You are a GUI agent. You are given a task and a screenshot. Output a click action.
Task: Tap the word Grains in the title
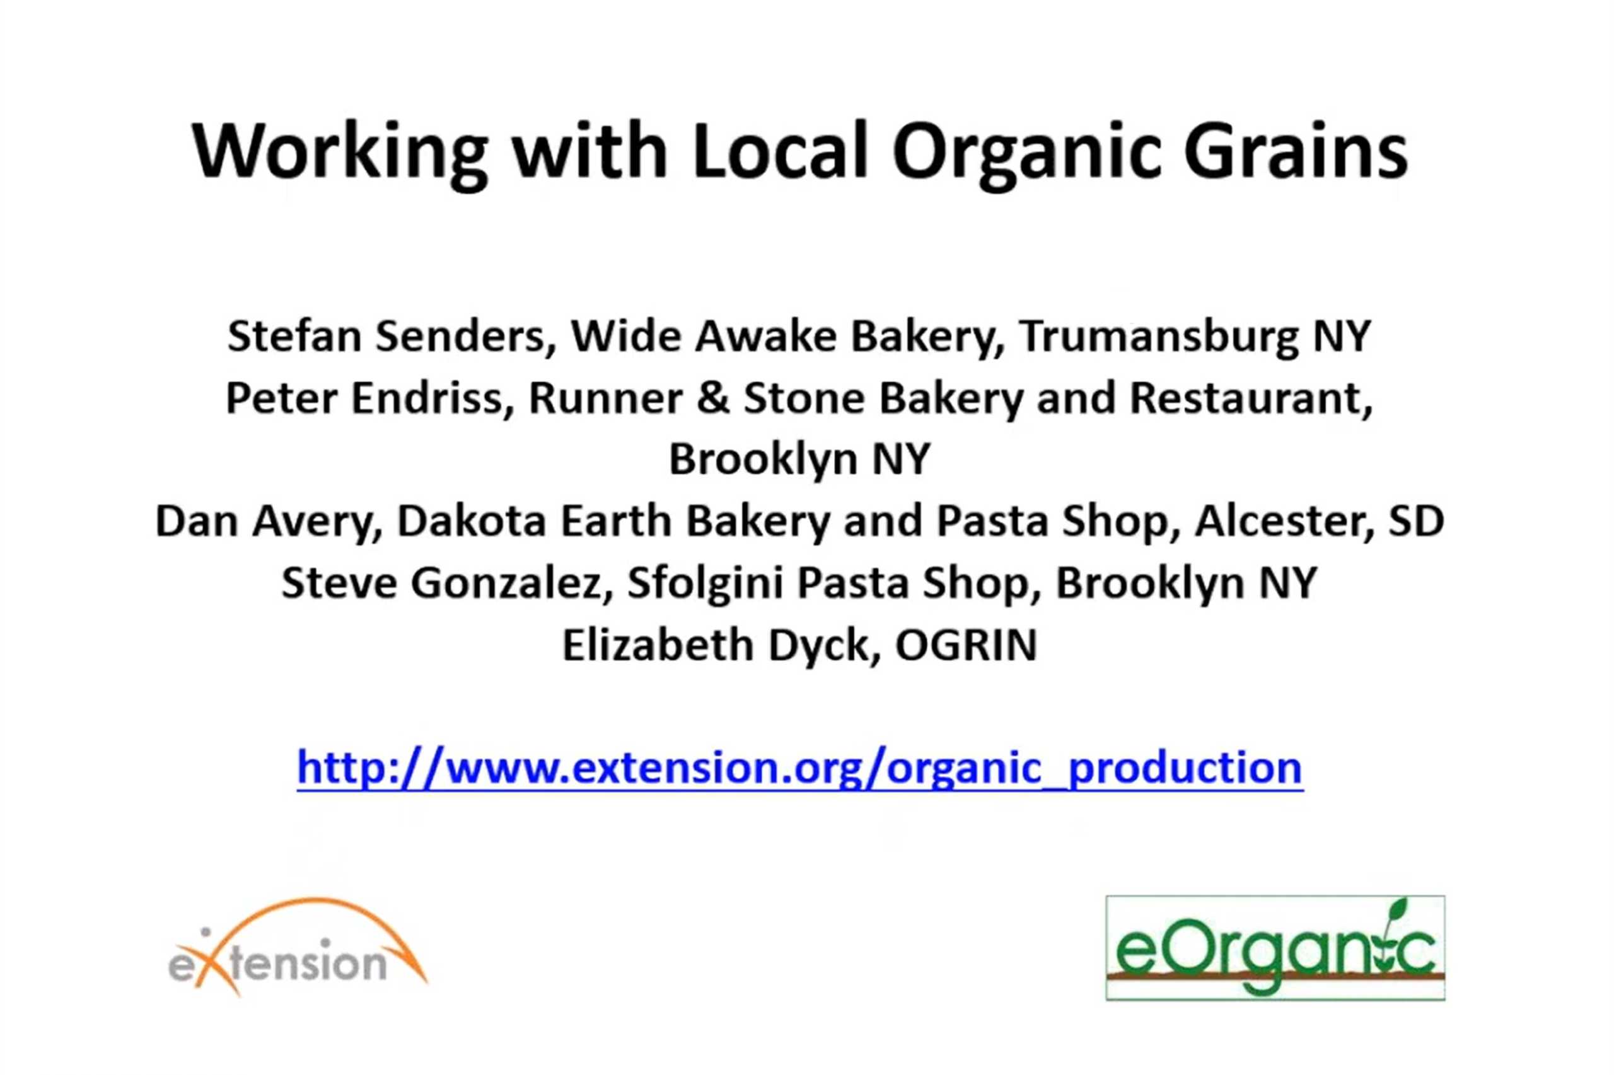1296,151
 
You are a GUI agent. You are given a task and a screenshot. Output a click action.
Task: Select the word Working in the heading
340,154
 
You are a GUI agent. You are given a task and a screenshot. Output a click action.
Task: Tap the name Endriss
432,399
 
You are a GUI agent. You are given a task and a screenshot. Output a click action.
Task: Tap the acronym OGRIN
966,645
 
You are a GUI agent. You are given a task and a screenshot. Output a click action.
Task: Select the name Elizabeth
658,645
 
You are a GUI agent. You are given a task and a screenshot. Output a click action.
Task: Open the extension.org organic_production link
800,768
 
